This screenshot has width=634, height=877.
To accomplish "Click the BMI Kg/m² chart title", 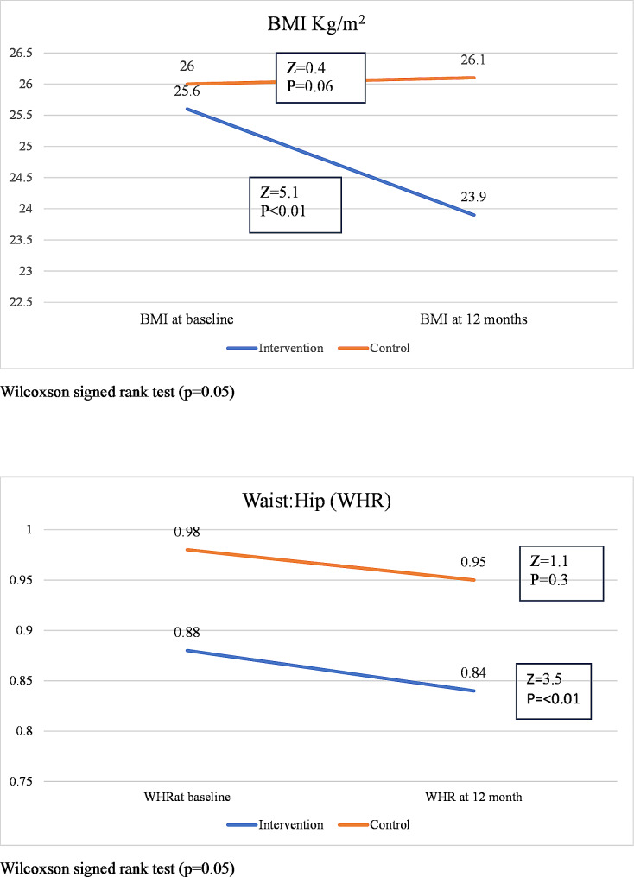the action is pos(316,24).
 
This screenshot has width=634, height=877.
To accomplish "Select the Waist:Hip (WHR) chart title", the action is pos(316,500).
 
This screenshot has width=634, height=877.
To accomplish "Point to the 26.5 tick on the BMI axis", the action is pos(21,54).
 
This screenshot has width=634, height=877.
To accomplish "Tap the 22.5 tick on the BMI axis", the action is pos(21,303).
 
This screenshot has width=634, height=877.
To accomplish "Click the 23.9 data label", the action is pos(473,197).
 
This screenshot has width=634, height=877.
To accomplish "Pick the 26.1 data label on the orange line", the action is pos(473,60).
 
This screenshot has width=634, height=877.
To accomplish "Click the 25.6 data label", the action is pos(187,91).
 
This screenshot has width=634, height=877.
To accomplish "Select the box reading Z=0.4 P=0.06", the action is pos(320,78).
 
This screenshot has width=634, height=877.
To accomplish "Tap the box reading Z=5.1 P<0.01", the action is pos(295,205).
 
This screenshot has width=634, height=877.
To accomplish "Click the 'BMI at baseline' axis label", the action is pos(187,319).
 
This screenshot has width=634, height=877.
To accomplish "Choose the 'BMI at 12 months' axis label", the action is pos(474,319).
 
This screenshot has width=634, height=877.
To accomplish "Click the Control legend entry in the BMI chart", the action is pos(374,348).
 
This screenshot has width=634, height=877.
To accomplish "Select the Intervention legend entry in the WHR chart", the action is pos(276,824).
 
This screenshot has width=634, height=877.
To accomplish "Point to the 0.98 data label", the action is pos(187,532).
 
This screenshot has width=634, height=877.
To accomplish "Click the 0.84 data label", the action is pos(473,672).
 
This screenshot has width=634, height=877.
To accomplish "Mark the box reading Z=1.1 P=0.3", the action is pos(561,573).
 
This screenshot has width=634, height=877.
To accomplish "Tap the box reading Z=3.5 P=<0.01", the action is pos(554,691).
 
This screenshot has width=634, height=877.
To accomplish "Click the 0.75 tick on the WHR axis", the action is pos(21,781).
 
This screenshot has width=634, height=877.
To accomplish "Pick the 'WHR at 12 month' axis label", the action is pos(473,797).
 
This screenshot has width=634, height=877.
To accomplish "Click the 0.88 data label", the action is pos(187,632).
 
